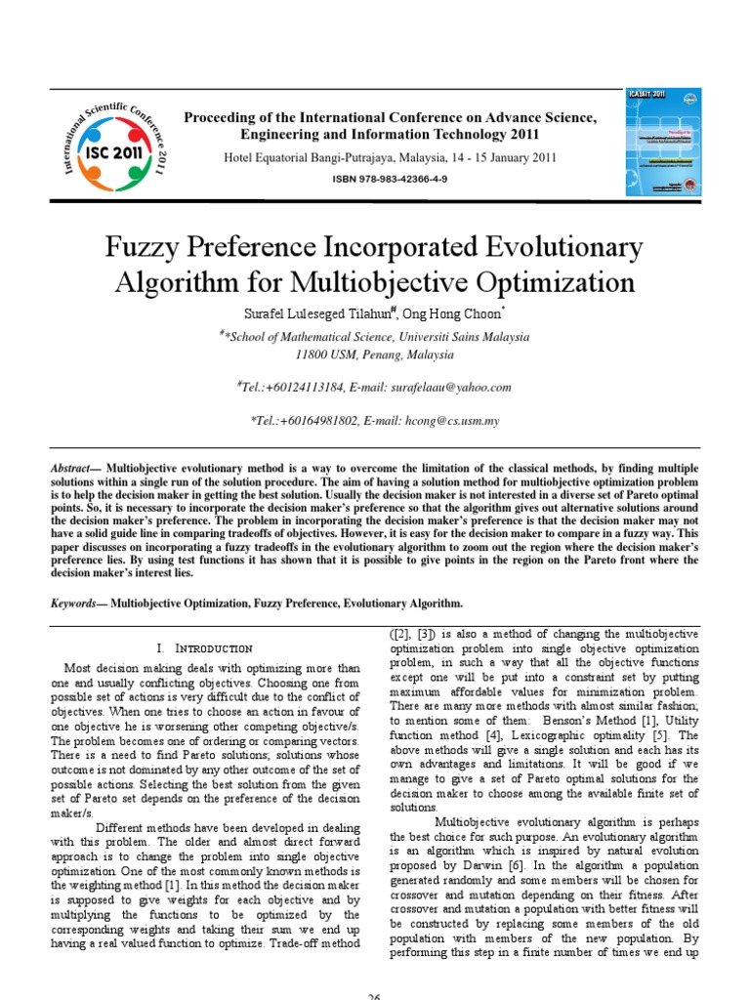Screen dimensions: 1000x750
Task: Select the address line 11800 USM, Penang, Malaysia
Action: click(x=375, y=354)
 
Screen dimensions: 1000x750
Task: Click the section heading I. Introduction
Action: click(x=204, y=648)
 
